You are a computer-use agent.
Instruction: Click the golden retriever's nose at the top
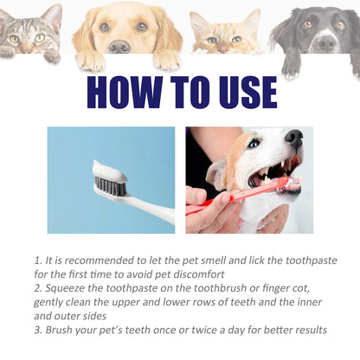(119, 46)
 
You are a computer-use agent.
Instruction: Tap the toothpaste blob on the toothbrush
(110, 170)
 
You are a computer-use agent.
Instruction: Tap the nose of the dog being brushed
(294, 137)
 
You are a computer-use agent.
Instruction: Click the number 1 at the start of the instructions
(37, 260)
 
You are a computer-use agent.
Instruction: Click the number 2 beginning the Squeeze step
(37, 289)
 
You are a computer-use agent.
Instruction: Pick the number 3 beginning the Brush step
(37, 331)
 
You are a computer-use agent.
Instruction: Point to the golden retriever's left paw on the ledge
(90, 61)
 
